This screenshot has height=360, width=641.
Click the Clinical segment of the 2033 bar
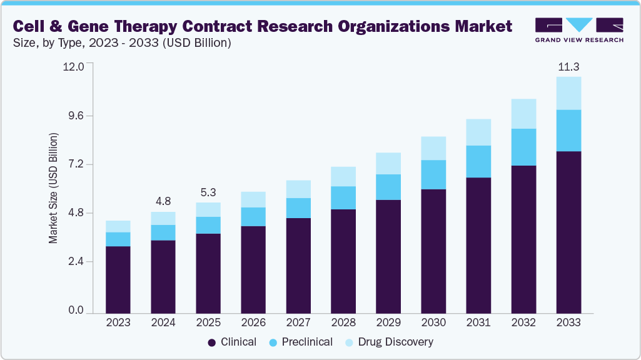[x=568, y=232]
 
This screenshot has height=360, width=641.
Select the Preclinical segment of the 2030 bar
[x=433, y=174]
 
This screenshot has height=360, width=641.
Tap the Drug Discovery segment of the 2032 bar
[x=523, y=114]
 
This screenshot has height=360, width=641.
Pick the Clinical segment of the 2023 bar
[x=118, y=279]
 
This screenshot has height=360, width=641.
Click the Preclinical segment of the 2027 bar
[x=298, y=207]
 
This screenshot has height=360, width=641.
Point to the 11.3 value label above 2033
[x=568, y=66]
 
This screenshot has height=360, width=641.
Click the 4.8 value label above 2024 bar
[x=163, y=201]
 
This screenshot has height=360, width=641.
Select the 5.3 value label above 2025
[x=208, y=192]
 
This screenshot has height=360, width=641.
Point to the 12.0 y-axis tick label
[x=73, y=67]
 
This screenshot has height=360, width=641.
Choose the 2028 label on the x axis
[x=343, y=322]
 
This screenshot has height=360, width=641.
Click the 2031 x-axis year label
[x=478, y=322]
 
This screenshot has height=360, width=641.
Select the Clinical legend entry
[x=232, y=342]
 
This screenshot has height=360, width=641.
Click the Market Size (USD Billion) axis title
[x=53, y=188]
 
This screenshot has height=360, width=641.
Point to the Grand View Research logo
[x=579, y=30]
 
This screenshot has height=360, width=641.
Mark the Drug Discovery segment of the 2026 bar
[x=253, y=199]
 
